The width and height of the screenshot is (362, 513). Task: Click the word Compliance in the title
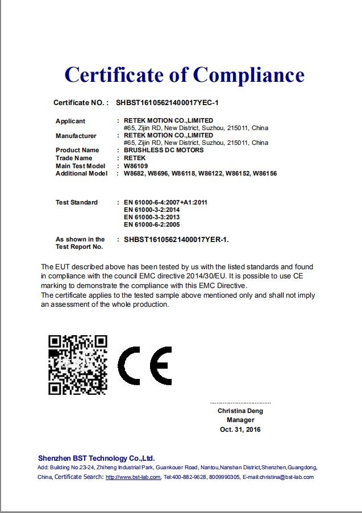(248, 74)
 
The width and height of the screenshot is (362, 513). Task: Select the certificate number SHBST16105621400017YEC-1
(167, 103)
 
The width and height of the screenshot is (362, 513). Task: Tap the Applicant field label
(70, 121)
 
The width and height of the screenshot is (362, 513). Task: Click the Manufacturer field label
(76, 136)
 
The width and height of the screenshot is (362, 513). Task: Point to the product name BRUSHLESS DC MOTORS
(164, 151)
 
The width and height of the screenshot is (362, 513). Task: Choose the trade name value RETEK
(135, 158)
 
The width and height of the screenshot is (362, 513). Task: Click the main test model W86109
(136, 166)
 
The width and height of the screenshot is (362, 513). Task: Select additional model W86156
(265, 173)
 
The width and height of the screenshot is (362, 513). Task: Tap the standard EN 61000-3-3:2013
(152, 218)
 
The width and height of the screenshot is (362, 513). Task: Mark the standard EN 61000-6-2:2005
(152, 225)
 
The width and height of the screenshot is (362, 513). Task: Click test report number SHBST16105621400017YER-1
(176, 240)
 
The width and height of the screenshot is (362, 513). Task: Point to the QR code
(77, 365)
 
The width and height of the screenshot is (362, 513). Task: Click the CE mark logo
(144, 365)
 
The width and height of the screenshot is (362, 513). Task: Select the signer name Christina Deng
(240, 411)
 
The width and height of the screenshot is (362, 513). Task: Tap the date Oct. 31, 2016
(240, 429)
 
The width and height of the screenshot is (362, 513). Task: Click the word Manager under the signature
(240, 420)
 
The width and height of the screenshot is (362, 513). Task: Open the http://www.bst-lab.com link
(133, 477)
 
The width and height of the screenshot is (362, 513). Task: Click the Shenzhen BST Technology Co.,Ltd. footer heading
(96, 458)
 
